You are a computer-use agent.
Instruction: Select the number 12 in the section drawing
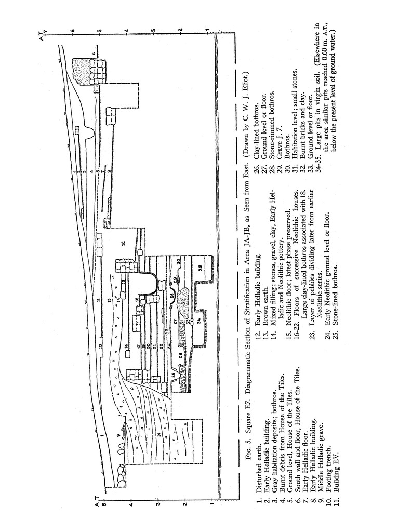tap(123, 243)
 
